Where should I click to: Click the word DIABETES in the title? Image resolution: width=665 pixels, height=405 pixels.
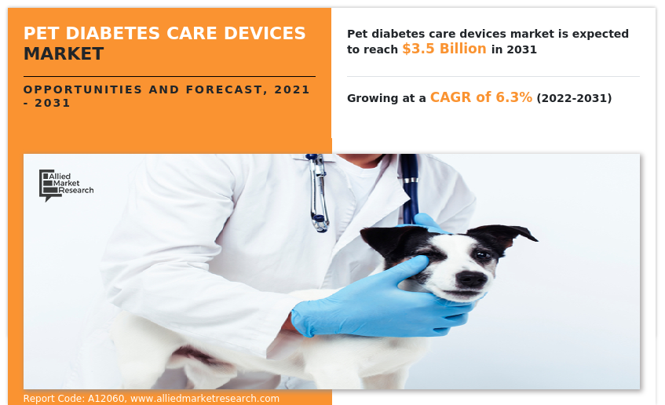[x=101, y=33]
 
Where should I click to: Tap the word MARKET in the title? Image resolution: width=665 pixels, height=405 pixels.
[x=64, y=53]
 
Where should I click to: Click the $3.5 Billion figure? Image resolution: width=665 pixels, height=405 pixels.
[x=444, y=49]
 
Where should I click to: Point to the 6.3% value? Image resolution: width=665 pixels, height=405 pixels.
[x=513, y=97]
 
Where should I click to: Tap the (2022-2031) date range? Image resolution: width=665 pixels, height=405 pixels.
[x=574, y=98]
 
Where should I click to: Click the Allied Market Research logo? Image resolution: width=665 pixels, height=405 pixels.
[x=66, y=184]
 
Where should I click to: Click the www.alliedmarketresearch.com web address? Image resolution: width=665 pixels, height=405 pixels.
[x=205, y=399]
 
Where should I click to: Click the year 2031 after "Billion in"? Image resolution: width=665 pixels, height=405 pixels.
[x=523, y=49]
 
